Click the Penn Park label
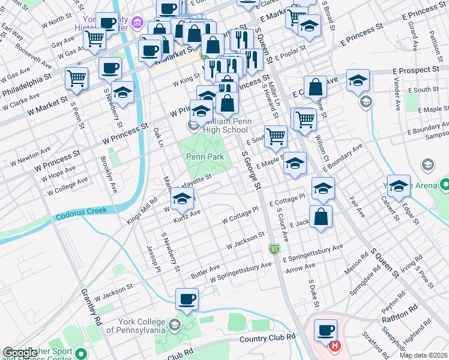tap(205, 157)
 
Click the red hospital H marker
tap(336, 346)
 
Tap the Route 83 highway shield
tap(274, 248)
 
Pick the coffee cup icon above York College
tap(187, 299)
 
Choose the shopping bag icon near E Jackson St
tap(321, 217)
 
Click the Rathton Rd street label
tap(400, 316)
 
